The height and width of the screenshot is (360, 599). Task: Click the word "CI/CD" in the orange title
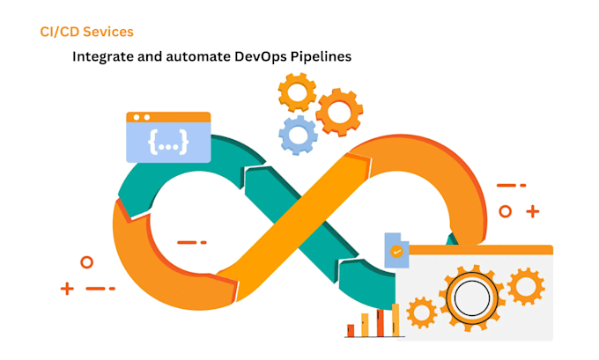coord(59,32)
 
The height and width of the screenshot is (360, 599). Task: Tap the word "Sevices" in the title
coord(108,32)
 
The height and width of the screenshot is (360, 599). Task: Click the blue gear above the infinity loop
coord(298,135)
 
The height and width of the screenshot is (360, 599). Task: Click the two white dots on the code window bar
coord(141,117)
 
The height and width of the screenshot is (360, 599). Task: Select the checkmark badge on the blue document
coord(397,252)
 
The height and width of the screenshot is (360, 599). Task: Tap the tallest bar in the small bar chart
coord(396,320)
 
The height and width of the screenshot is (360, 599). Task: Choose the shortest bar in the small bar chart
coord(351,331)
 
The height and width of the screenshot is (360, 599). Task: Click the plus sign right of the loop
coord(532,211)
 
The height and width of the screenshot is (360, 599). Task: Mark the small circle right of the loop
coord(505,211)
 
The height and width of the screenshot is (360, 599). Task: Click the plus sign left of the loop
coord(67,288)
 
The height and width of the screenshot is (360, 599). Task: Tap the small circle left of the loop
coord(86,262)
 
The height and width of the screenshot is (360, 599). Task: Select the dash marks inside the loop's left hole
coord(192,242)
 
